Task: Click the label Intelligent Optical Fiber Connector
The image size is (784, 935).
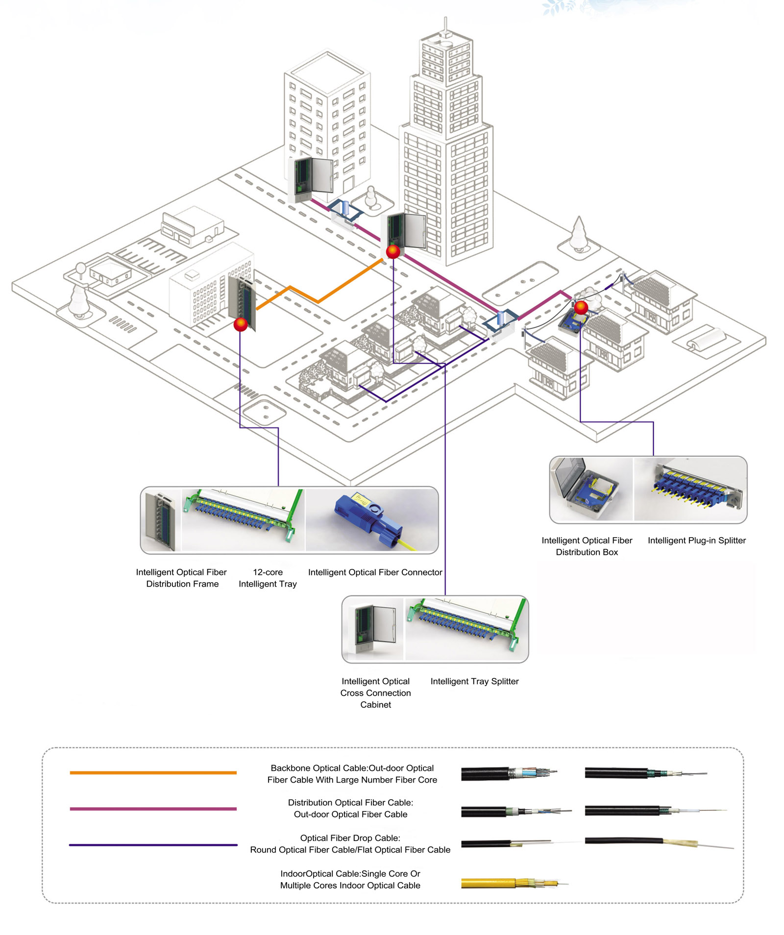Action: [375, 572]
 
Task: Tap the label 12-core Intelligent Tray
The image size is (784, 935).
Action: [268, 578]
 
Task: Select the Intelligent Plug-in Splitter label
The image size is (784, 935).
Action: [696, 540]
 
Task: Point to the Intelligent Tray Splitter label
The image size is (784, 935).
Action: [474, 681]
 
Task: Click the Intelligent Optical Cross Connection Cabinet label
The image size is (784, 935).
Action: [375, 692]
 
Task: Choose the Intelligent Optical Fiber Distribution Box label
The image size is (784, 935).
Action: [587, 546]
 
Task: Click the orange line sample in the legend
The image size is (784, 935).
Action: [153, 773]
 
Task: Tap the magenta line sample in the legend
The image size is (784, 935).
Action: [153, 809]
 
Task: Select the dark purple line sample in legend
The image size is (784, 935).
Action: [153, 845]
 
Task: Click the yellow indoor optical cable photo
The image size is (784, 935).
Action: [510, 884]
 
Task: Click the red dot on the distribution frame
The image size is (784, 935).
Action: [241, 324]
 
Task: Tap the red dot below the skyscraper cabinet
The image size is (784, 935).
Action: [393, 251]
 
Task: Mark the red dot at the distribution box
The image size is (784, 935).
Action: [581, 308]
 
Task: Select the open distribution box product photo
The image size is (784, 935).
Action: [590, 489]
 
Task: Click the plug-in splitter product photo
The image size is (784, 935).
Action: [691, 489]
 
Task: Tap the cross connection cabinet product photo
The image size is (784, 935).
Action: [373, 629]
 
